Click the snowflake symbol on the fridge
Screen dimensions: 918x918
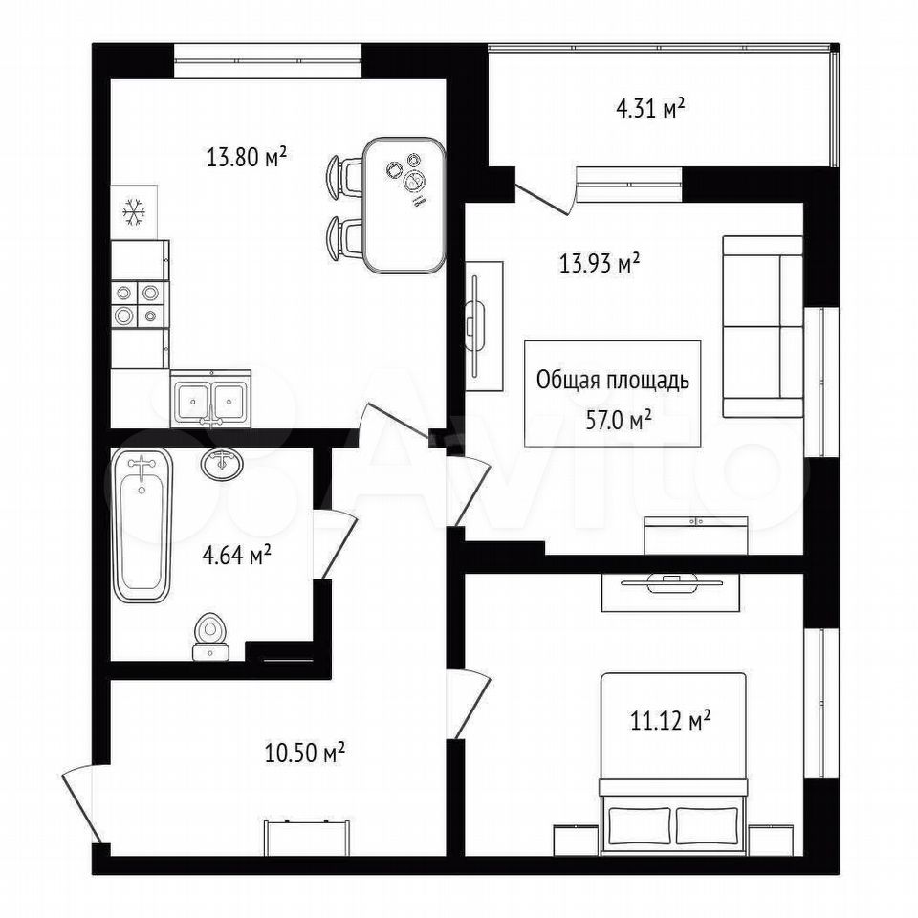[134, 212]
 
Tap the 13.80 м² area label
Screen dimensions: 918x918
[247, 157]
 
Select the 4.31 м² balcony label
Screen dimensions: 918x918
[650, 109]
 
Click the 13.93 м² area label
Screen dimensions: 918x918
[599, 264]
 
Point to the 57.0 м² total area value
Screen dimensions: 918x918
[620, 420]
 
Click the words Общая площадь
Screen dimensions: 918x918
[613, 381]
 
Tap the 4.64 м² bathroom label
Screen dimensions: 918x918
[236, 555]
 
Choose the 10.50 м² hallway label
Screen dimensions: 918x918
[304, 753]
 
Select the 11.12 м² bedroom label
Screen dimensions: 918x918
[670, 720]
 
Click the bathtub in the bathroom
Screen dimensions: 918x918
[142, 525]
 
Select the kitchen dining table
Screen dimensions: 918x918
[404, 205]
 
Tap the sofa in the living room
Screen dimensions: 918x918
[762, 327]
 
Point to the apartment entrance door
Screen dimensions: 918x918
[81, 805]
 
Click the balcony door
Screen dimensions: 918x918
[544, 197]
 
